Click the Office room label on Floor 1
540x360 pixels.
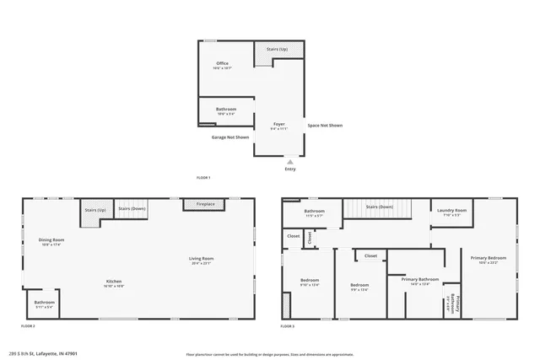point(222,63)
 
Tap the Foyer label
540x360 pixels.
point(279,124)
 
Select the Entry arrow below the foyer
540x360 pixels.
point(290,162)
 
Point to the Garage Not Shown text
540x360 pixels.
point(230,137)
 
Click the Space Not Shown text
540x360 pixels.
point(325,125)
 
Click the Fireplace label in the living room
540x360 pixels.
point(206,204)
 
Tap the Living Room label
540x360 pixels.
point(202,258)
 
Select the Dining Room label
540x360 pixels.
point(51,240)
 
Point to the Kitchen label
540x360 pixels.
point(115,281)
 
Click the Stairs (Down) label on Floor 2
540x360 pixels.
point(132,208)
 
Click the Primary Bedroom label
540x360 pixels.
point(489,257)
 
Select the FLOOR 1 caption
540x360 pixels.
point(202,178)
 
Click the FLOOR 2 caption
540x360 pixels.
point(28,325)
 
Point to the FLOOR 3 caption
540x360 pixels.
point(288,325)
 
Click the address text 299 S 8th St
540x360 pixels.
point(41,353)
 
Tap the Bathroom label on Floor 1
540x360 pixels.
point(226,109)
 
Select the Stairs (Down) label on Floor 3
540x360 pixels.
point(379,207)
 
